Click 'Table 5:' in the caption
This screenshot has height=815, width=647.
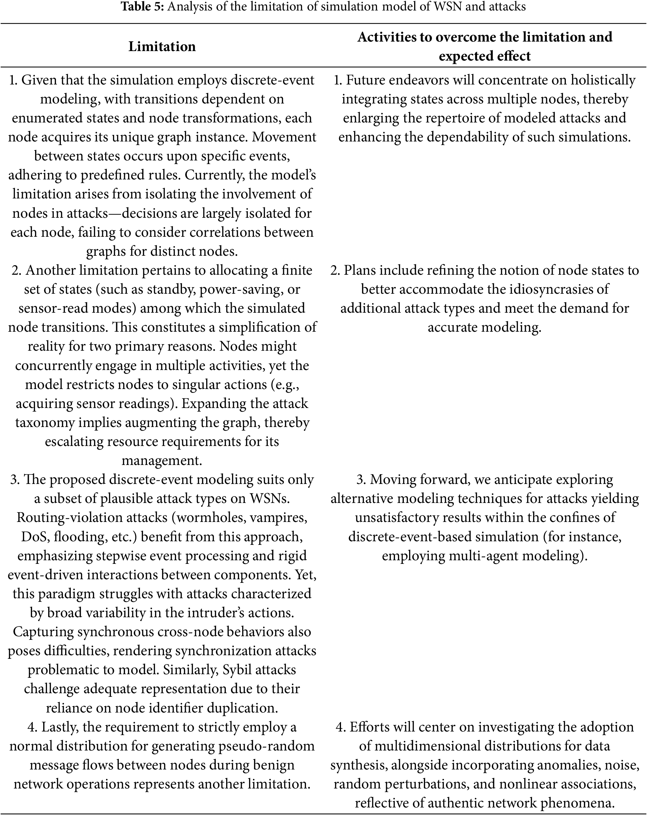click(x=142, y=7)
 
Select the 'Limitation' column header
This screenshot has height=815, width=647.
click(x=162, y=47)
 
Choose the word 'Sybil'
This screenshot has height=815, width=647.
click(x=237, y=670)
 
